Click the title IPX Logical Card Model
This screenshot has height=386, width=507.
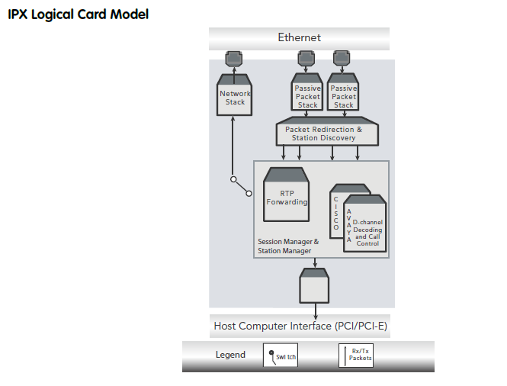78,14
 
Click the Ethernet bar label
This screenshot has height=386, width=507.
299,37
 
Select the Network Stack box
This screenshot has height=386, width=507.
235,97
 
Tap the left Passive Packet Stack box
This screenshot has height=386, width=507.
307,96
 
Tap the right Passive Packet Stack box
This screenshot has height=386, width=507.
343,96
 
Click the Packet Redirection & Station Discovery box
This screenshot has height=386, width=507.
327,133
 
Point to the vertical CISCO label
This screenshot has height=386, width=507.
336,213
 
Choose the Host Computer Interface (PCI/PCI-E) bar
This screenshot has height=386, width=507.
299,326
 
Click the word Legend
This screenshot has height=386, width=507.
230,355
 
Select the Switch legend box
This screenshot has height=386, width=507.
281,355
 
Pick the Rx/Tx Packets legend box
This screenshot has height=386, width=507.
356,355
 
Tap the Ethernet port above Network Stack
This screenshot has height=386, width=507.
234,58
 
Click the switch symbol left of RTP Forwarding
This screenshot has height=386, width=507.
241,186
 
